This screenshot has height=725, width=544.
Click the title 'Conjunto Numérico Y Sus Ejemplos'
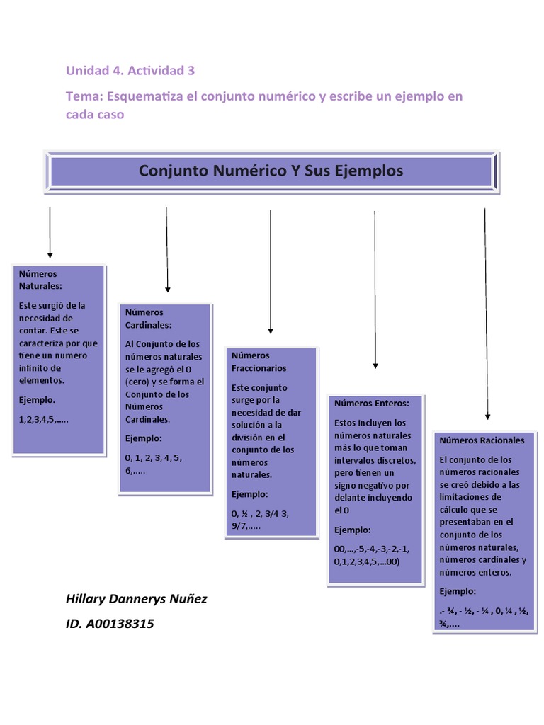point(271,171)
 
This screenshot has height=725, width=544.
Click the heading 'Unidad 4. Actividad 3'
point(130,70)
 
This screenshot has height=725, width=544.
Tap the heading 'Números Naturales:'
point(40,280)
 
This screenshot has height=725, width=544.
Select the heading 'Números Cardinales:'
point(148,318)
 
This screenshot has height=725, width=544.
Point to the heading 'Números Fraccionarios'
point(259,362)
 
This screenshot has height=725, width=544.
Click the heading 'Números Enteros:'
point(372,403)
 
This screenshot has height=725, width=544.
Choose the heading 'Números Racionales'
point(482,440)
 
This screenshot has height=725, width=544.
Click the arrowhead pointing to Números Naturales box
point(50,254)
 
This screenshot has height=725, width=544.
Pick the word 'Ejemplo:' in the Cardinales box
point(144,438)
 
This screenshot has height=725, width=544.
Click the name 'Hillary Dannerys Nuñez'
point(136,599)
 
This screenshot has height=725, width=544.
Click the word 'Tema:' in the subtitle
point(84,96)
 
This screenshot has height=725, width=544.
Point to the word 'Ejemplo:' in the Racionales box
point(458,591)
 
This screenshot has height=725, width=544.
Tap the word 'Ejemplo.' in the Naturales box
point(36,399)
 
